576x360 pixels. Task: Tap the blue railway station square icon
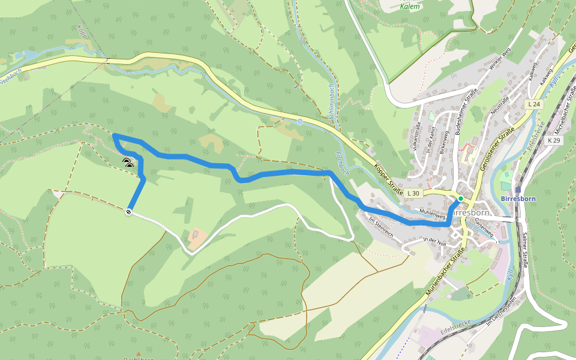pos(518,190)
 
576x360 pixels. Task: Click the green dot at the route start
pos(460,199)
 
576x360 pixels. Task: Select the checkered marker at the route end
pos(129,212)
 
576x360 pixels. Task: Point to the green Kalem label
pos(410,7)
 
